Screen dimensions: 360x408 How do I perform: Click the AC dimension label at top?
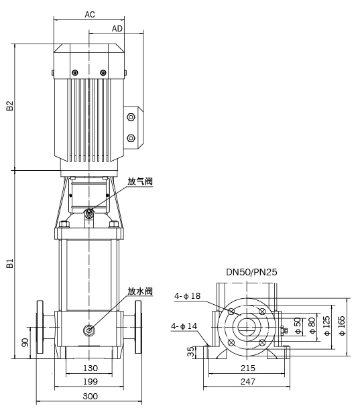pos(90,15)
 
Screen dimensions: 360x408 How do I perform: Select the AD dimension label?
pos(117,29)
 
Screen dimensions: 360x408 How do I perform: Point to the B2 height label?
pos(9,105)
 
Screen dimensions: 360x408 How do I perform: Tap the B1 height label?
pos(9,263)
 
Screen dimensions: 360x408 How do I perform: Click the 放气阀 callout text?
pos(140,181)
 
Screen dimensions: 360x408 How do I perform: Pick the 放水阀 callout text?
pos(140,291)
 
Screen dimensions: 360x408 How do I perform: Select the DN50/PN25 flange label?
pos(251,272)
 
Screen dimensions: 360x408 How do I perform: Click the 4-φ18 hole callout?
pos(188,296)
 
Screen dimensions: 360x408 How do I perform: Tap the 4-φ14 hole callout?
pos(184,326)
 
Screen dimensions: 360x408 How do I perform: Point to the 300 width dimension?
pos(91,397)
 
